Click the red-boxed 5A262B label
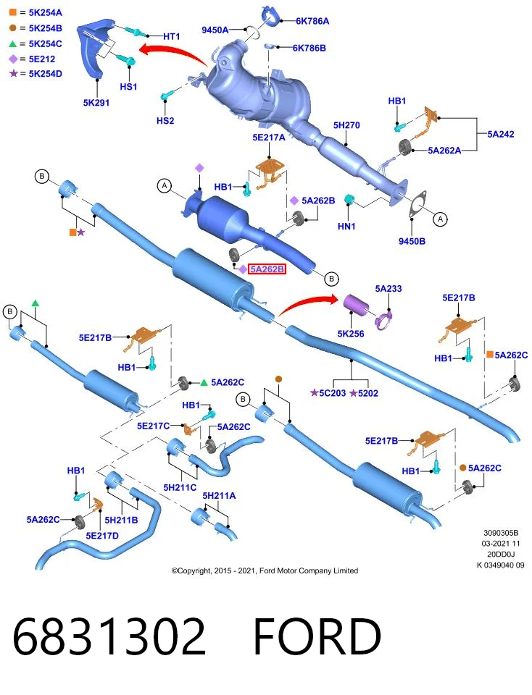click(266, 269)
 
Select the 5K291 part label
click(96, 102)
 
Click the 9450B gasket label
click(412, 241)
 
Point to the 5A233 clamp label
click(388, 289)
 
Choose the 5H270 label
click(346, 125)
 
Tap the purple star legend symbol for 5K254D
click(13, 73)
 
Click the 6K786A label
click(312, 21)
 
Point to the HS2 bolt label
click(165, 121)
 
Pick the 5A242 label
click(501, 134)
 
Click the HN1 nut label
click(346, 227)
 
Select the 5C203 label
click(333, 393)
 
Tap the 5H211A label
click(219, 495)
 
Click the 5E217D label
click(102, 536)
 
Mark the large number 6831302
click(109, 636)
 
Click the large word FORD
click(317, 636)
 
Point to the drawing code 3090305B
click(501, 533)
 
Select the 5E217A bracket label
click(269, 138)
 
